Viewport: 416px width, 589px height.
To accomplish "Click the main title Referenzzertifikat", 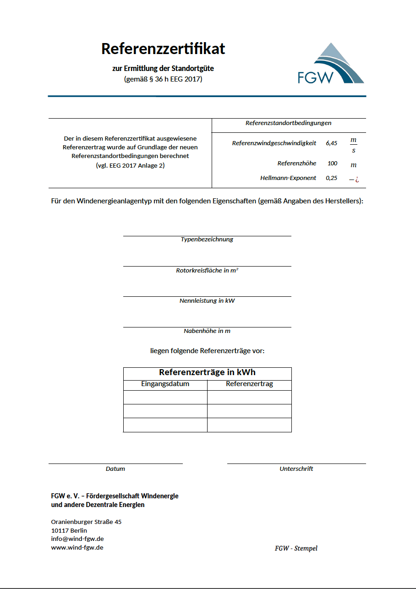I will click(x=163, y=49).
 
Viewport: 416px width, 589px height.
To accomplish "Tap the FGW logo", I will click(x=330, y=64).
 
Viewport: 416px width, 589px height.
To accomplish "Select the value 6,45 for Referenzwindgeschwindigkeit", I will click(x=331, y=143).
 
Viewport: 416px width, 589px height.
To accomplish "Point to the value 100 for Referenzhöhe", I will click(x=332, y=164).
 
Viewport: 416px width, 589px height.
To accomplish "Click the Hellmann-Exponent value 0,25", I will click(x=331, y=178).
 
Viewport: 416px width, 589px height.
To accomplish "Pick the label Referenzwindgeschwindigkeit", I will click(x=274, y=143).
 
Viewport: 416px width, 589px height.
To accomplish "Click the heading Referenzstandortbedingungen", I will click(x=288, y=123).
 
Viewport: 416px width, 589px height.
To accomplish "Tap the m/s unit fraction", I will click(x=353, y=145).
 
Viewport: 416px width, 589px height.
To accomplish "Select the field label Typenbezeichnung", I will click(x=207, y=240).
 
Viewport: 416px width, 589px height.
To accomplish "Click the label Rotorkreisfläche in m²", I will click(x=207, y=271).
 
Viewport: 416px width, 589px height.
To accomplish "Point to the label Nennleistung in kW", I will click(x=207, y=301).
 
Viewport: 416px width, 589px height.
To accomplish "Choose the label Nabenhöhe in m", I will click(x=207, y=331).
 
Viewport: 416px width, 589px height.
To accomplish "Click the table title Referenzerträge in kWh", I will click(x=207, y=373).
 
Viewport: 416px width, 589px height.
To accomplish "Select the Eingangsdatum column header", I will click(x=165, y=384).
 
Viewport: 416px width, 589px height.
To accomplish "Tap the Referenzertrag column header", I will click(x=249, y=384).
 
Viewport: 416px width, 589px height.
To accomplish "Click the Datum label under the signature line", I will click(x=115, y=469).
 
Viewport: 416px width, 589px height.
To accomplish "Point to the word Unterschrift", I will click(x=296, y=469).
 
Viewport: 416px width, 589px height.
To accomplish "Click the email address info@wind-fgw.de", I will click(x=77, y=539).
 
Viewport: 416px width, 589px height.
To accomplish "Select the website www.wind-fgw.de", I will click(x=77, y=548).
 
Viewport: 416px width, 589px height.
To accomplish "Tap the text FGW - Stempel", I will click(x=296, y=549).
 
